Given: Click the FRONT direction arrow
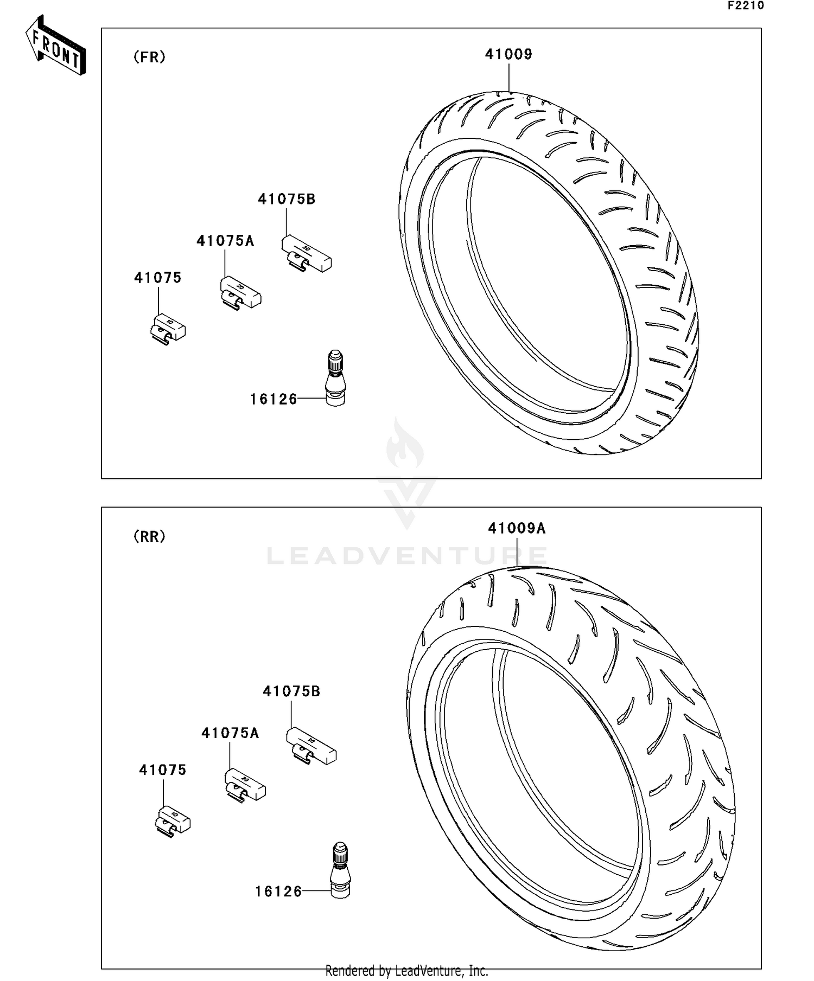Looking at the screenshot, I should tap(56, 46).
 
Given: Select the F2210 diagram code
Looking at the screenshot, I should tap(746, 6).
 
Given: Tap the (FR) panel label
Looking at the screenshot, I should tap(149, 57).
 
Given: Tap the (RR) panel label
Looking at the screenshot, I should tap(149, 536).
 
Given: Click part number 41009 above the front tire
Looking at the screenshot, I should tap(508, 54).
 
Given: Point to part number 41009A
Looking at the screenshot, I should tap(517, 528).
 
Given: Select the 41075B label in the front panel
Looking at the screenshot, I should tap(287, 199).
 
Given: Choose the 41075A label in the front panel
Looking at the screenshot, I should tap(225, 241).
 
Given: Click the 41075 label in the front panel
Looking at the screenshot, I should tap(158, 278).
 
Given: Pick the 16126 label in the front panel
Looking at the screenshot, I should tap(274, 400).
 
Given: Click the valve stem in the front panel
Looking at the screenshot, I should tap(335, 379).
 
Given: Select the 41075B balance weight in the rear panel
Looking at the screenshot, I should tap(311, 746).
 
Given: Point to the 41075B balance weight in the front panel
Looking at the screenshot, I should tap(306, 254).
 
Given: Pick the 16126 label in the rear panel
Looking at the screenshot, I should tap(278, 892).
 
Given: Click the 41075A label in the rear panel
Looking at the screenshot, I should tap(230, 733).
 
